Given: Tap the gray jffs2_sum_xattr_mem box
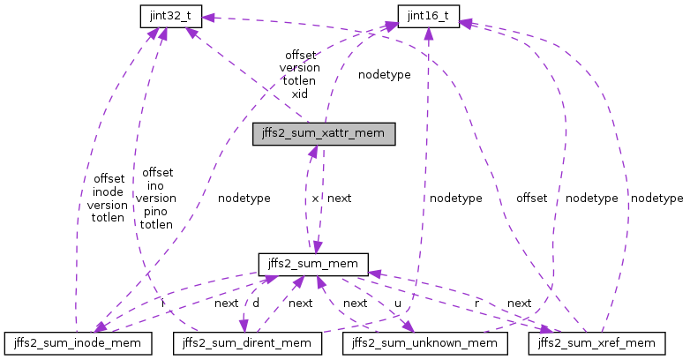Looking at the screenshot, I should [x=323, y=134].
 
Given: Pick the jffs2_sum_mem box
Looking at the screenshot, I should [x=312, y=263].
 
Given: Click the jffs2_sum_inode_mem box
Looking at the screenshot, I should [x=79, y=341].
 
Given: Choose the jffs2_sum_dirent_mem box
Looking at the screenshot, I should [x=250, y=341].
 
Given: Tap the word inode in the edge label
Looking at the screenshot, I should [x=108, y=191].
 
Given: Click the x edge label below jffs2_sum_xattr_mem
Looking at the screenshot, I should [x=315, y=199].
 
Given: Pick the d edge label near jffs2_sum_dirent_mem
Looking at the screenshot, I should [x=256, y=303].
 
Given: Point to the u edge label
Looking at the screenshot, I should [x=398, y=303].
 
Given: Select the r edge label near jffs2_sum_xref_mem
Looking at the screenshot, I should [x=476, y=303].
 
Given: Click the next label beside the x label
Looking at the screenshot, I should [x=340, y=199].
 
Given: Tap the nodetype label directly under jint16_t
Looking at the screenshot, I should [x=384, y=75].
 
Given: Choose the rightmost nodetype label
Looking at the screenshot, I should [x=656, y=199].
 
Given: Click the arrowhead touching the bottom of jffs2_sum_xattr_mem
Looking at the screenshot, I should [x=311, y=151].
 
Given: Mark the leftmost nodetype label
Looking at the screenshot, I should [x=244, y=199].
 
